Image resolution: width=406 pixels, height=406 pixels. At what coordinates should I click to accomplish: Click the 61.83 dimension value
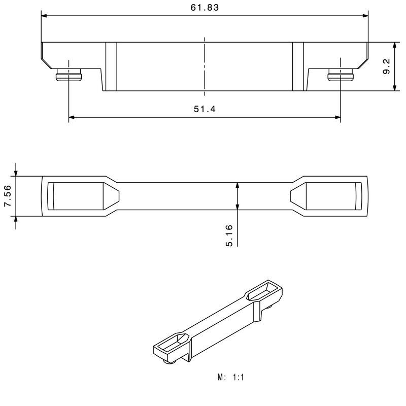point(205,8)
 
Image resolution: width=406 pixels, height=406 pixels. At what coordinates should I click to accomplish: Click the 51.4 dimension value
point(205,110)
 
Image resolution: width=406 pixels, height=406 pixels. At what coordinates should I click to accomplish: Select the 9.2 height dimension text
point(387,66)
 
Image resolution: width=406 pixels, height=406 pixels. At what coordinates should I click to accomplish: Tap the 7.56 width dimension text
point(8,196)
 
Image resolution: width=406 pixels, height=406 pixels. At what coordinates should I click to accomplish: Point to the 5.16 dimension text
point(229,235)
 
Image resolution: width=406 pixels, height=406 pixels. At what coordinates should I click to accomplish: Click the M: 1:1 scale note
point(231,378)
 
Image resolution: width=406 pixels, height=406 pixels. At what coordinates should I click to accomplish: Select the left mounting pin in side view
point(69,76)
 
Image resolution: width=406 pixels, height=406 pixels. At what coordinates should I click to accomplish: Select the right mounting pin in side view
point(341,76)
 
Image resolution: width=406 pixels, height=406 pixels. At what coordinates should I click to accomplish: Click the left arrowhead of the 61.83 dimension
point(45,16)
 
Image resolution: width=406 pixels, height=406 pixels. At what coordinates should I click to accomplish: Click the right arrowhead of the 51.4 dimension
point(337,118)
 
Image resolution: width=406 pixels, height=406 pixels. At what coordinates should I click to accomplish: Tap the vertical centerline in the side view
point(205,66)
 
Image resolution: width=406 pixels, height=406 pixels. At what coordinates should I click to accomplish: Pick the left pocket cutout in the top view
point(81,196)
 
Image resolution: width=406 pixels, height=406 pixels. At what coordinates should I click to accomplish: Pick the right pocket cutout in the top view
point(327,196)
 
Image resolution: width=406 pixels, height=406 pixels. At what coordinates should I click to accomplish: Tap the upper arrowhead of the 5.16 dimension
point(237,186)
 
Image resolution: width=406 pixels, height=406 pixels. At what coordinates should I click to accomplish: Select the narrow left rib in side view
point(111,66)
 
